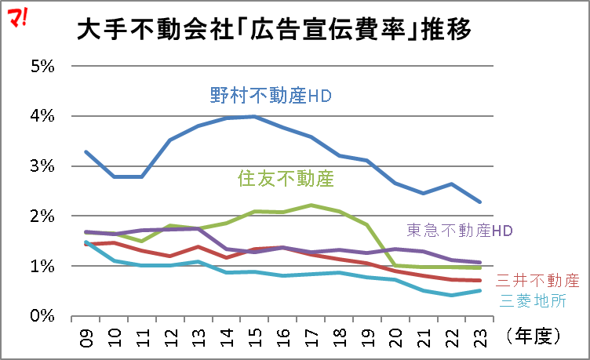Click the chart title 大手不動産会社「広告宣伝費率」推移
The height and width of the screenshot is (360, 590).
274,30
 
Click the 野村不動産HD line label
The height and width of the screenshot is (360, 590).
271,96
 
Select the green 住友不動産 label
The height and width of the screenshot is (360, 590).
285,180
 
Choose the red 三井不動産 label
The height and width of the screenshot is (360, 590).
537,281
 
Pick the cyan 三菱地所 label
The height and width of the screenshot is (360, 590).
532,300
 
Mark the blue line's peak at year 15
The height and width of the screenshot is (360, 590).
253,116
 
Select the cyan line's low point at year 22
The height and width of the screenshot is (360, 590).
451,296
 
